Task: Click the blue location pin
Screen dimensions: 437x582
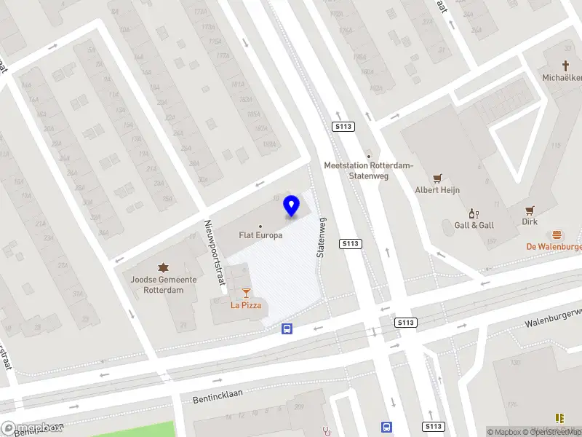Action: point(292,206)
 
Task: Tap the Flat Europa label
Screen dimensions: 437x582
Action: point(261,235)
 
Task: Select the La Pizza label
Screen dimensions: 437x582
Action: point(246,305)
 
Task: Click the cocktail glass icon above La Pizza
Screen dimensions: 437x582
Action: point(246,293)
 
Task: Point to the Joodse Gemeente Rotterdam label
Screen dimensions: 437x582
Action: point(163,285)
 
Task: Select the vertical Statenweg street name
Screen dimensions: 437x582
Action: point(321,237)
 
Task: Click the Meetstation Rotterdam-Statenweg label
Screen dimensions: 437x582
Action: point(368,170)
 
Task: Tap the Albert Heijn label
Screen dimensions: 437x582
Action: point(437,190)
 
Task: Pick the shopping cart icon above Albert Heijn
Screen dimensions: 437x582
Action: point(437,178)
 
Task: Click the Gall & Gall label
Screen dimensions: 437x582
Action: point(474,225)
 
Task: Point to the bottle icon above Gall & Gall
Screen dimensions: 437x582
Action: point(474,213)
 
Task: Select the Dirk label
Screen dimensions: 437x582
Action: point(530,221)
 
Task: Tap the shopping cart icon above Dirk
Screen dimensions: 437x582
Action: point(530,209)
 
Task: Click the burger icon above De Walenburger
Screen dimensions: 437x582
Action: point(557,235)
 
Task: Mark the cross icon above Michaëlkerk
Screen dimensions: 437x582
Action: point(565,66)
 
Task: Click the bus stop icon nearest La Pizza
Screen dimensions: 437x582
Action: point(287,328)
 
